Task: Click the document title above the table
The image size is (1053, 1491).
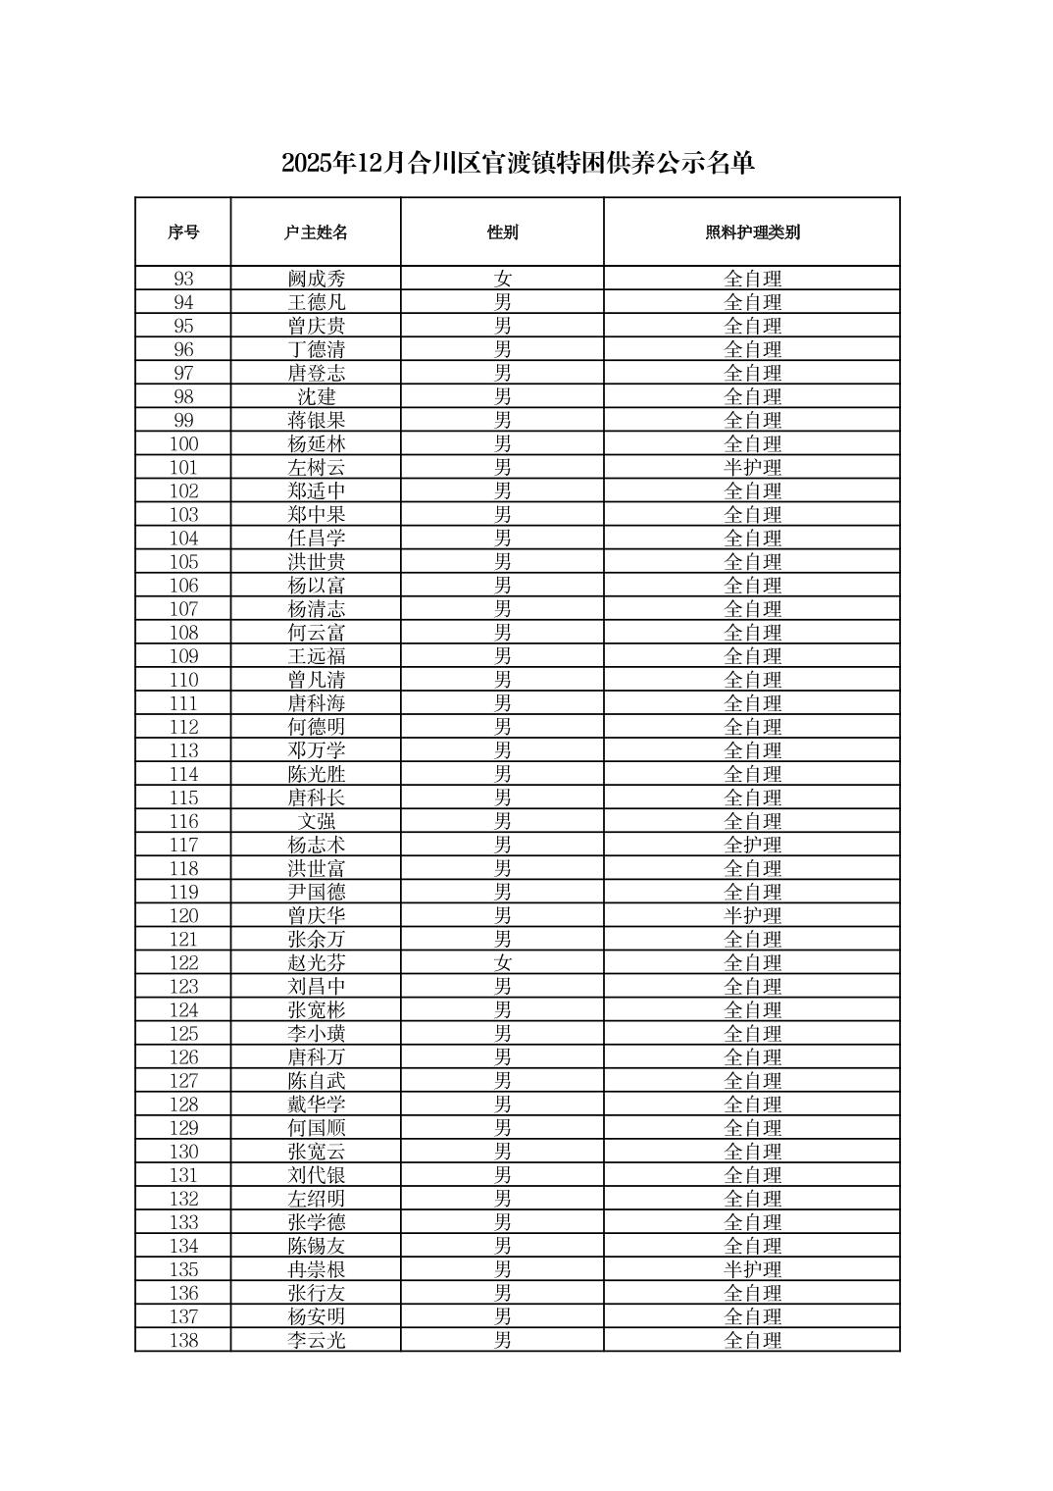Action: tap(518, 163)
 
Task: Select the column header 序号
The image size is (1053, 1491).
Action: tap(183, 232)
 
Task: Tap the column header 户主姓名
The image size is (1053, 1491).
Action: tap(316, 232)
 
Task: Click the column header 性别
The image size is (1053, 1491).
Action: tap(502, 232)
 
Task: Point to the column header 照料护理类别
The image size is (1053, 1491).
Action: tap(752, 232)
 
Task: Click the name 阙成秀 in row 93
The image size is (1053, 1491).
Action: tap(316, 279)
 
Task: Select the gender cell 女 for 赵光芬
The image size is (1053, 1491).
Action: tap(502, 963)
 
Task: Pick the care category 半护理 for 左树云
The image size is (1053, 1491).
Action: tap(752, 468)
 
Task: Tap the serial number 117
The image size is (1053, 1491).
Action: tap(183, 846)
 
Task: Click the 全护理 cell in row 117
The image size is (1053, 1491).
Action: tap(752, 846)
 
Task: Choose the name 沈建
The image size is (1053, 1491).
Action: tap(316, 397)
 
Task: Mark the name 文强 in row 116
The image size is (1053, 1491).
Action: tap(316, 822)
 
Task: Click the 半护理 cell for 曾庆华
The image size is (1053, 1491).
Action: tap(752, 916)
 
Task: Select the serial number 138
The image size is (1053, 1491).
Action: tap(183, 1341)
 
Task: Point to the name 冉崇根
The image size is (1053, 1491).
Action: tap(316, 1270)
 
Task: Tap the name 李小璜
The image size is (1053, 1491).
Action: tap(316, 1034)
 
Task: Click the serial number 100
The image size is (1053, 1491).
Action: tap(183, 444)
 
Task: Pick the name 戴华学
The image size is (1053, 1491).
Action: tap(316, 1105)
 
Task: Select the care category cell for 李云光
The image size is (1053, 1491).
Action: tap(752, 1341)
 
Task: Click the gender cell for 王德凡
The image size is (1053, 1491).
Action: tap(502, 302)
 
